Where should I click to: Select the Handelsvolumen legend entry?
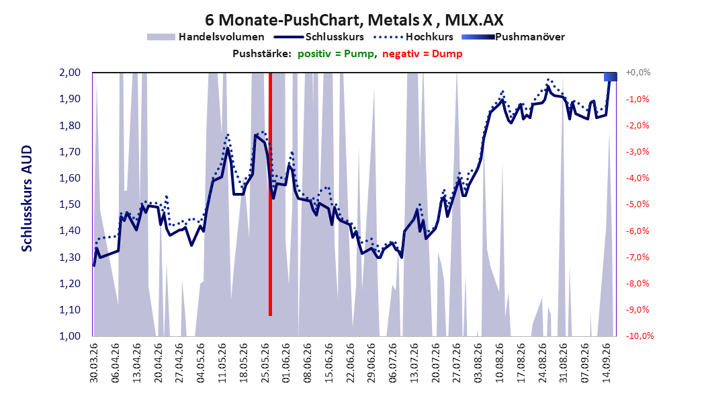click(x=206, y=37)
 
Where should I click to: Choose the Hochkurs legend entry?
click(x=412, y=37)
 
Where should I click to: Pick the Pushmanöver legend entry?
click(x=513, y=37)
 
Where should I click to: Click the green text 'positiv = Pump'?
click(x=336, y=54)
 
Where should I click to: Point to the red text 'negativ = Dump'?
click(x=423, y=54)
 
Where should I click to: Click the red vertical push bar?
click(x=270, y=194)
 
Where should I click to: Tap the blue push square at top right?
click(x=611, y=77)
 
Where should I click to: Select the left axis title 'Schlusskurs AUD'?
click(x=27, y=198)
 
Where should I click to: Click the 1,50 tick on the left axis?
click(x=70, y=204)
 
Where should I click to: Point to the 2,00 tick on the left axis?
click(x=70, y=73)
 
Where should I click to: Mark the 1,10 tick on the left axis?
click(x=70, y=309)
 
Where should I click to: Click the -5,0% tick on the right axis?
click(x=637, y=204)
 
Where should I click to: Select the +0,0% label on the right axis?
click(x=638, y=73)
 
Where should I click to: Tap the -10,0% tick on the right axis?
click(x=639, y=336)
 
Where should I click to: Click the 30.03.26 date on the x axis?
click(x=94, y=363)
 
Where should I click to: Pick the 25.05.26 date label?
click(x=265, y=363)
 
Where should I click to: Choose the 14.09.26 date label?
click(x=607, y=363)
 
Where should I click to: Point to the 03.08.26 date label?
click(x=479, y=363)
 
